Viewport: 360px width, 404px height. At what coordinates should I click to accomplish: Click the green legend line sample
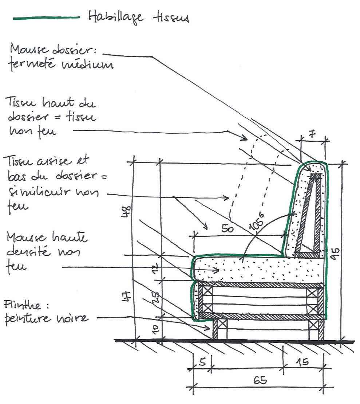click(46, 17)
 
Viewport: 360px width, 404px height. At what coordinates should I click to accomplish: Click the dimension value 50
click(228, 229)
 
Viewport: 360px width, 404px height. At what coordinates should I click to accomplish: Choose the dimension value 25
click(154, 299)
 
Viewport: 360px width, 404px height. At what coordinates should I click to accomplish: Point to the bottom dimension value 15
click(301, 362)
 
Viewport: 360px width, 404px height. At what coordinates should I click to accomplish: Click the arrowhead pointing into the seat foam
click(216, 270)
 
